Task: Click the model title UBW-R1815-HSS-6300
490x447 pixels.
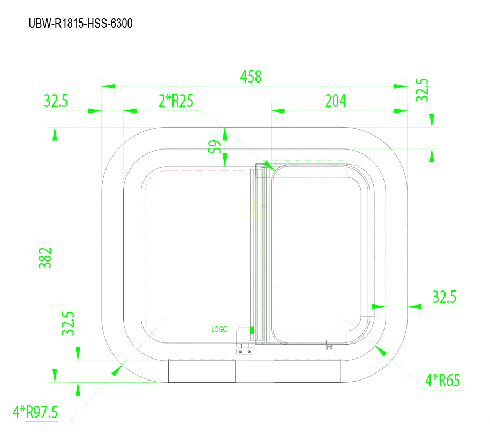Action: tap(80, 24)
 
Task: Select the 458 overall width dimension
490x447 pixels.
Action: tap(251, 77)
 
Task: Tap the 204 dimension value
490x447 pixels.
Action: tap(336, 101)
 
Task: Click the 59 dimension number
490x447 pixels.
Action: tap(214, 147)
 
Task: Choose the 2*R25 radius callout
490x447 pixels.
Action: tap(176, 101)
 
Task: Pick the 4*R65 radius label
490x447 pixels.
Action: tap(442, 381)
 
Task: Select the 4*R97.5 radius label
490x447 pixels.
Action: tap(35, 412)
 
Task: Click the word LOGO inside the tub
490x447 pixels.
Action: tap(220, 329)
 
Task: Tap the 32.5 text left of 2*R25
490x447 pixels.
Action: tap(56, 101)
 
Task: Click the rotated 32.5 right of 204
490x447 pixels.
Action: tap(423, 90)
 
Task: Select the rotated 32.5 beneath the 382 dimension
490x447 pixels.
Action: tap(67, 324)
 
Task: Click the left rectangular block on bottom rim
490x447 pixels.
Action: tap(202, 371)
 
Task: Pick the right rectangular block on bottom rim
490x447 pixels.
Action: tap(307, 371)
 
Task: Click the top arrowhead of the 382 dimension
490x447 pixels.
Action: tap(54, 133)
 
